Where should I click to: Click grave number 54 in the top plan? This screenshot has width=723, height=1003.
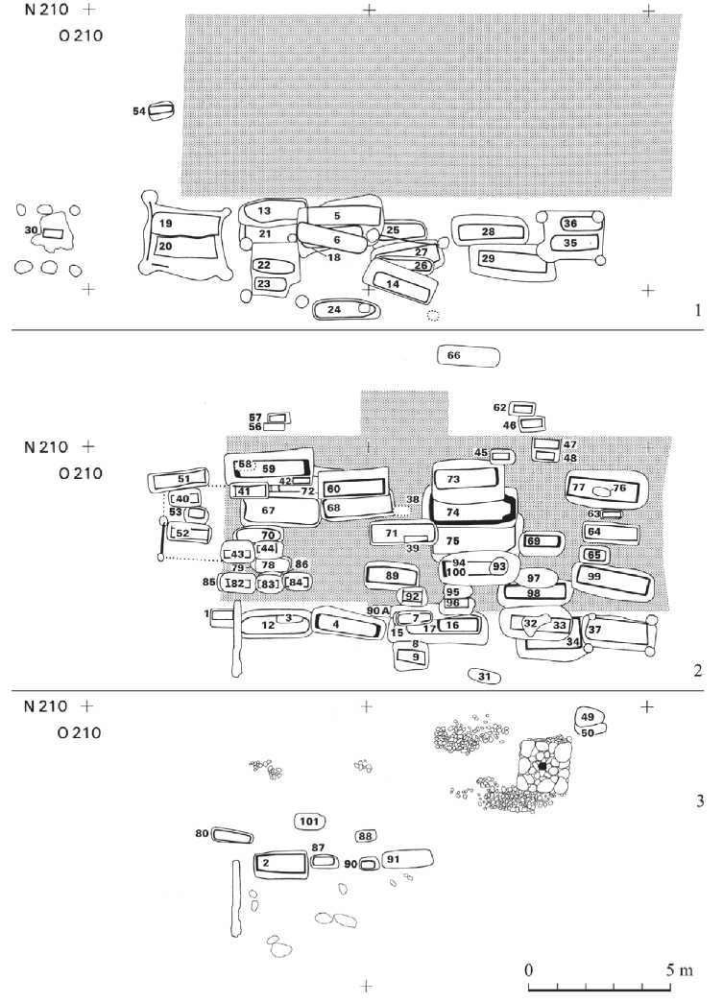click(x=161, y=111)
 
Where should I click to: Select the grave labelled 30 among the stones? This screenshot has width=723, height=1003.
click(x=53, y=232)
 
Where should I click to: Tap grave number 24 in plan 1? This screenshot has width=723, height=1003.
click(x=345, y=309)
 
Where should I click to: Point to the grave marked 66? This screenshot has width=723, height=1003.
click(x=468, y=356)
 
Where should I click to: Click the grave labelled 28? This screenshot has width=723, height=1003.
click(x=490, y=232)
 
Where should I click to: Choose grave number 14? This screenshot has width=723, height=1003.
click(x=401, y=283)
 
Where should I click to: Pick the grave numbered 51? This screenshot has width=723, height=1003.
click(x=183, y=479)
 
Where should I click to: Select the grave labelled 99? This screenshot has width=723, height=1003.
click(x=614, y=578)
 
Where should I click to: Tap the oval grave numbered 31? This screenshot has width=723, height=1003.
click(x=485, y=677)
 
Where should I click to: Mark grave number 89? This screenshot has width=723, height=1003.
click(x=392, y=576)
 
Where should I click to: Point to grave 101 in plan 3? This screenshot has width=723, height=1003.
click(x=309, y=822)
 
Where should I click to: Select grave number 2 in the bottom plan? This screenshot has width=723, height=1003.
click(x=278, y=863)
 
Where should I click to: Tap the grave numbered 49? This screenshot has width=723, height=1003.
click(x=588, y=717)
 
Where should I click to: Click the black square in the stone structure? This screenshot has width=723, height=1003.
click(x=542, y=767)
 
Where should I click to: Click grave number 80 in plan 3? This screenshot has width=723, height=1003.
click(x=230, y=835)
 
